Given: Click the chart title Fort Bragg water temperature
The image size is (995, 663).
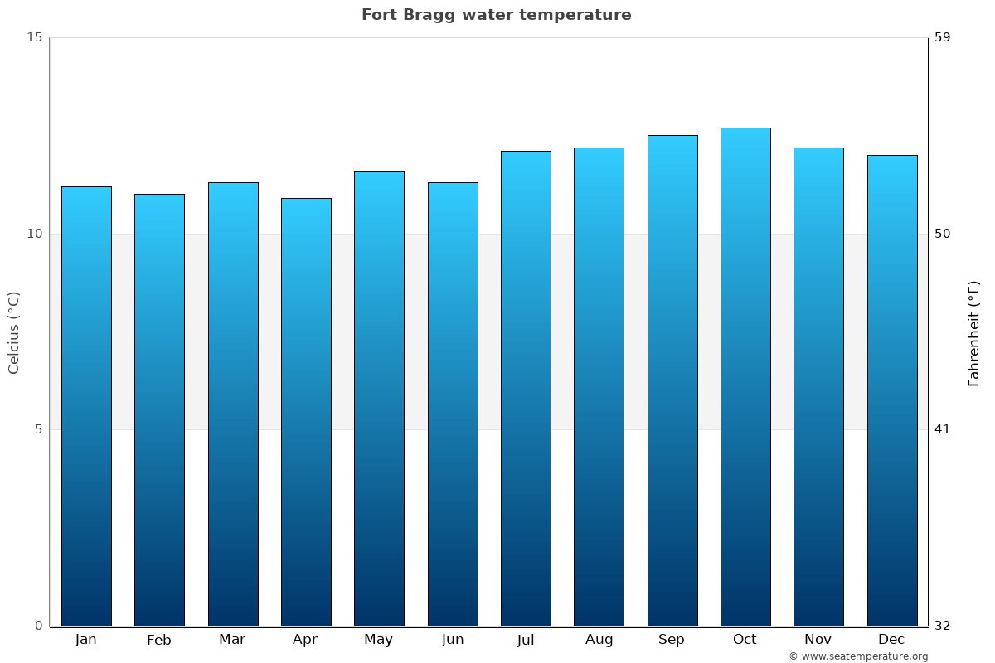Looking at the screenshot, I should (x=496, y=15).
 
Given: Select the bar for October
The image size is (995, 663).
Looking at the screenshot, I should (x=745, y=377).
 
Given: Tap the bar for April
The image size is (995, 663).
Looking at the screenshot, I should (x=305, y=412).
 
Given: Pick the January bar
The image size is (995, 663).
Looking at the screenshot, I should (x=86, y=406).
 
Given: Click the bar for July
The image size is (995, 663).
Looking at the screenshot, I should (x=525, y=389).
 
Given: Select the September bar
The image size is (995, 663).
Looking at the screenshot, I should (x=672, y=380).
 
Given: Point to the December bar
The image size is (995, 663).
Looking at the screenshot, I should (x=891, y=390).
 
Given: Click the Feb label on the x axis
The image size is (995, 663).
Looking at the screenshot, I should (x=158, y=640).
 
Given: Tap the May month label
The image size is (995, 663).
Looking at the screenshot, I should (x=378, y=640).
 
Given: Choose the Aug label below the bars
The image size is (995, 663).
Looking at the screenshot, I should (x=599, y=640).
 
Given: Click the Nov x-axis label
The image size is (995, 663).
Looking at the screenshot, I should (x=818, y=640).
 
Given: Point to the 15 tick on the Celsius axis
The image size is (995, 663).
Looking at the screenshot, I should (x=34, y=37).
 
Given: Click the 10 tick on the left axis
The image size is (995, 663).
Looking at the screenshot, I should (x=34, y=234).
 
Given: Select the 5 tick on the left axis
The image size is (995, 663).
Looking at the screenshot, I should (x=38, y=429).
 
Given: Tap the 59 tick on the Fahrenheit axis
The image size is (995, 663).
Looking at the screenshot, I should (x=942, y=37).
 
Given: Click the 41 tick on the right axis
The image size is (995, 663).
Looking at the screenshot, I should (x=942, y=429).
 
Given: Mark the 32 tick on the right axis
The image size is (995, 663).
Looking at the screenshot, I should (x=942, y=626).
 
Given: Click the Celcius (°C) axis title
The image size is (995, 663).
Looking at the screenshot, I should (x=13, y=332).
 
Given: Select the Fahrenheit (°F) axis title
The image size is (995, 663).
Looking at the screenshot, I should (x=973, y=332).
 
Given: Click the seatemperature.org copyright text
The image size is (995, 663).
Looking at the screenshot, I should (x=857, y=656).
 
